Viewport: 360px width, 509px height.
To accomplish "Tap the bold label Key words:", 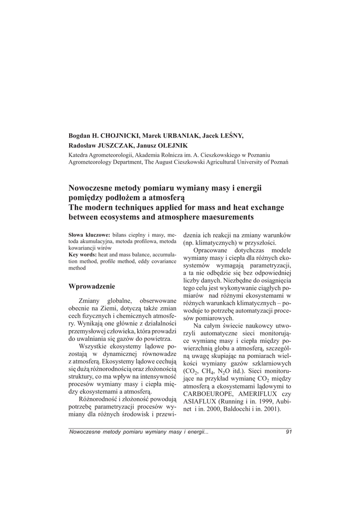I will (x=82, y=254).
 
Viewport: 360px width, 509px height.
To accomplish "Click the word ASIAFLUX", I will (x=201, y=402).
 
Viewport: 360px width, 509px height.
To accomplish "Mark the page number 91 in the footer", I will (x=288, y=431).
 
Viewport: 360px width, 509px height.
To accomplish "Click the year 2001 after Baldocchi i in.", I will (x=271, y=409).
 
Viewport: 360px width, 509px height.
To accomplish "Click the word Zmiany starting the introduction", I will (x=89, y=301).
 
